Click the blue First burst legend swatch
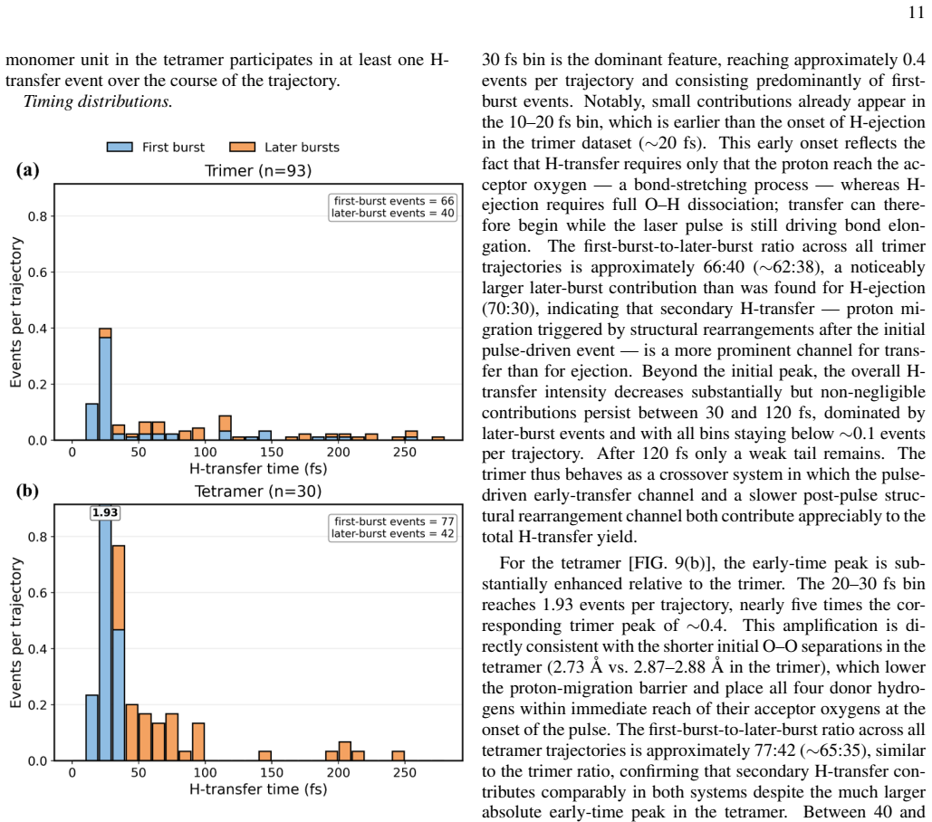coord(120,148)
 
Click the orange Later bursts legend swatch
coord(243,148)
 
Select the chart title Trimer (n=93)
coord(258,171)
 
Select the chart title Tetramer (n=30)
coord(258,492)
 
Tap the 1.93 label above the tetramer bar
coord(105,512)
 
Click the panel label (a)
coord(27,170)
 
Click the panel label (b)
coord(27,492)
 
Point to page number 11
coord(917,13)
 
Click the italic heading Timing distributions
coord(98,101)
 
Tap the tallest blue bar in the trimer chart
coord(105,388)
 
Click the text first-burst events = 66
coord(393,201)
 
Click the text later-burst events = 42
coord(393,533)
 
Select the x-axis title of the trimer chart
coord(258,469)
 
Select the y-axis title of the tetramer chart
coord(16,633)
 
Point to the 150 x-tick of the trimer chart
coord(272,452)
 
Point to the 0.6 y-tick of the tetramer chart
coord(37,593)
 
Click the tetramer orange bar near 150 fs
coord(265,756)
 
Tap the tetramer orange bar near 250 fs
coord(399,756)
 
